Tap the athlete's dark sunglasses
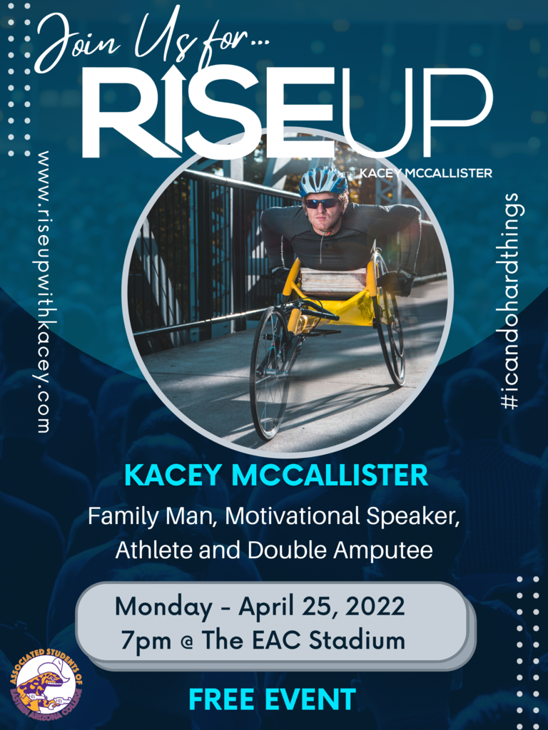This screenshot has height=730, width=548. (x=322, y=203)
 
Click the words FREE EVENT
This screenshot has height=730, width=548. (x=272, y=699)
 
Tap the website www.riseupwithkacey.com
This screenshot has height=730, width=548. (x=44, y=292)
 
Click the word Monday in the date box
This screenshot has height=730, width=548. (x=163, y=607)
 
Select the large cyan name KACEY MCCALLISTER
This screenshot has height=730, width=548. (x=276, y=475)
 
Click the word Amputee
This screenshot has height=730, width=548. (x=383, y=551)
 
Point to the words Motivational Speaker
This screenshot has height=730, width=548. (x=342, y=516)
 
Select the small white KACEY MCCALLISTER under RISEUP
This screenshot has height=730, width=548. (x=425, y=173)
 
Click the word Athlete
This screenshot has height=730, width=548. (x=155, y=551)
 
